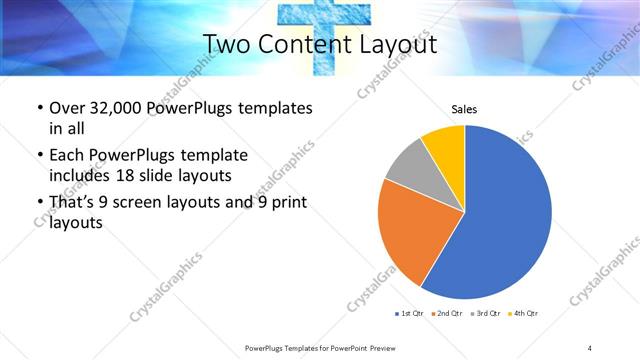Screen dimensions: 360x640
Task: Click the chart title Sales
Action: [x=464, y=108]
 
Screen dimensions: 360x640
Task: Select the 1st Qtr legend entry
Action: [x=407, y=314]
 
